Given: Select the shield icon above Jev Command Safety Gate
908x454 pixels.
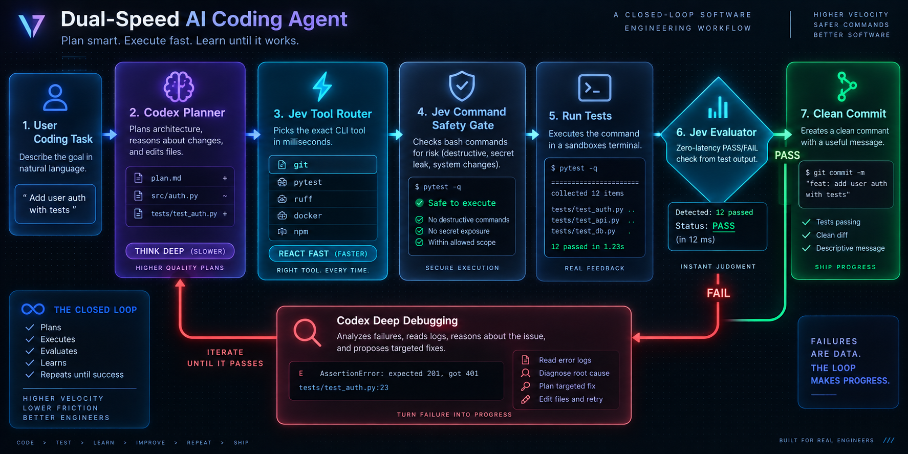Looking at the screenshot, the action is pyautogui.click(x=462, y=85).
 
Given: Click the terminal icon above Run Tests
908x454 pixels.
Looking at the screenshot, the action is pyautogui.click(x=594, y=88).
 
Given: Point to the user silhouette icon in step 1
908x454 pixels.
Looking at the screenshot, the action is pyautogui.click(x=55, y=97).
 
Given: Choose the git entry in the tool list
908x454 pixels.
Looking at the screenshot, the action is pyautogui.click(x=323, y=165).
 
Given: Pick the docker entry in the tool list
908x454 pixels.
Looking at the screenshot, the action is pyautogui.click(x=323, y=215).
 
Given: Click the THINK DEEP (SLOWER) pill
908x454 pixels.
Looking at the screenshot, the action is pyautogui.click(x=180, y=251).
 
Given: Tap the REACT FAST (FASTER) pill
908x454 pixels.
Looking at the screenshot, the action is pyautogui.click(x=323, y=253).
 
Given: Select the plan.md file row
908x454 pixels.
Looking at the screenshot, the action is pyautogui.click(x=180, y=178).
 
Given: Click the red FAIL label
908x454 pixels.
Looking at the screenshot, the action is pyautogui.click(x=718, y=293).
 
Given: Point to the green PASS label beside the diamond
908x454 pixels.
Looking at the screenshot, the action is pyautogui.click(x=787, y=155).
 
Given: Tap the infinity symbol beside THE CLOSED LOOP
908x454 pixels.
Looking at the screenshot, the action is pyautogui.click(x=33, y=309).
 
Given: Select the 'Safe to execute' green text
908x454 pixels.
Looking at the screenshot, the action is pyautogui.click(x=462, y=203).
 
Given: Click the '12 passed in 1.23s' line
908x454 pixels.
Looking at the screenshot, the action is pyautogui.click(x=588, y=247).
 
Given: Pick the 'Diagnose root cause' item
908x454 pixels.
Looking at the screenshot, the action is pyautogui.click(x=574, y=373).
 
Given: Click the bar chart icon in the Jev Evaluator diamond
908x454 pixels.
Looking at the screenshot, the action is pyautogui.click(x=718, y=107).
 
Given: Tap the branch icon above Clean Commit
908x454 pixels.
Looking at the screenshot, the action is pyautogui.click(x=847, y=86).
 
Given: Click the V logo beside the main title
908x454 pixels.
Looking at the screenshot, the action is pyautogui.click(x=31, y=26).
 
